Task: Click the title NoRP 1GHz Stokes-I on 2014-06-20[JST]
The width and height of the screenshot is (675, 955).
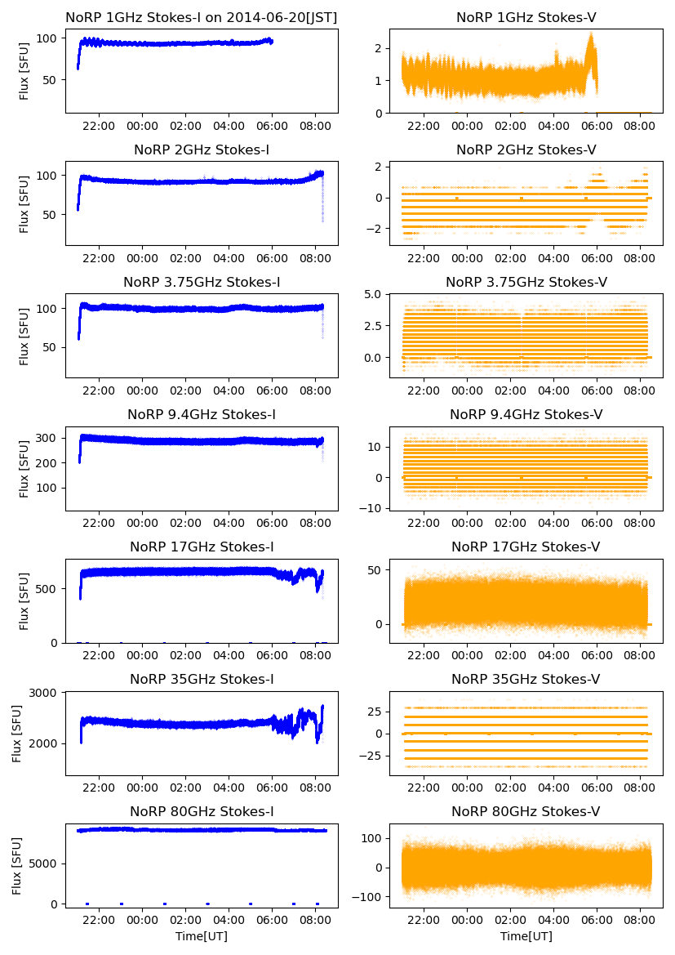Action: [202, 17]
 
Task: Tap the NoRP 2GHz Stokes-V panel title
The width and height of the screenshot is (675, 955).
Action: [526, 149]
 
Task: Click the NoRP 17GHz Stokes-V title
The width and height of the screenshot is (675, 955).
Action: [526, 547]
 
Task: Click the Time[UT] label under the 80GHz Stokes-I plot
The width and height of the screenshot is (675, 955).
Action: [202, 936]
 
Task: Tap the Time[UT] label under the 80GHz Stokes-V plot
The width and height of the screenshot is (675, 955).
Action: [526, 936]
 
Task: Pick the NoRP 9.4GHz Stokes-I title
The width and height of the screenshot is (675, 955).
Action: [202, 414]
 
